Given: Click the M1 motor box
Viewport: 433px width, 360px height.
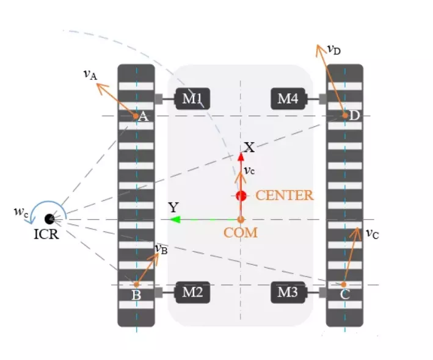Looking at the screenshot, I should [193, 98].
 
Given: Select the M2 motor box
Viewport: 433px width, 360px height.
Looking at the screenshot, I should [193, 293].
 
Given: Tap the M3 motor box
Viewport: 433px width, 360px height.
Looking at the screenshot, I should [288, 293].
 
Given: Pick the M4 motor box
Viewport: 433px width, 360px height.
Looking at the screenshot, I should [288, 98].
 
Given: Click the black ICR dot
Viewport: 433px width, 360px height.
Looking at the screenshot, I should [49, 218].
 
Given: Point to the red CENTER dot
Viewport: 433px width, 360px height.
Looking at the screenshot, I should [241, 196].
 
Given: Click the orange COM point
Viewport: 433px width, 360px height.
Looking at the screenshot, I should [241, 219].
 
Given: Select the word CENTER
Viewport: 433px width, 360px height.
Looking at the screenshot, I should [284, 196].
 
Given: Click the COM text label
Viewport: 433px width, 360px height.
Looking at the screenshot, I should [240, 233].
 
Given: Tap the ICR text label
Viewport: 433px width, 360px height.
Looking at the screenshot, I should [46, 234].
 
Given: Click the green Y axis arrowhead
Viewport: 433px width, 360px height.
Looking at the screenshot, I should [175, 219].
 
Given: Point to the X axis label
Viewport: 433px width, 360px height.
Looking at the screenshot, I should [249, 147].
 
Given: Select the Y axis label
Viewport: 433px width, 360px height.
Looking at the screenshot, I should [173, 207].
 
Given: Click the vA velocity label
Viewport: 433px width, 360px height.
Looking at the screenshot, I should [90, 74].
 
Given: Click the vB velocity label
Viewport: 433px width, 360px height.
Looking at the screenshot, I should [161, 249].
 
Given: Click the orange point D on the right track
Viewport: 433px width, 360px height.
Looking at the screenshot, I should [344, 115].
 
